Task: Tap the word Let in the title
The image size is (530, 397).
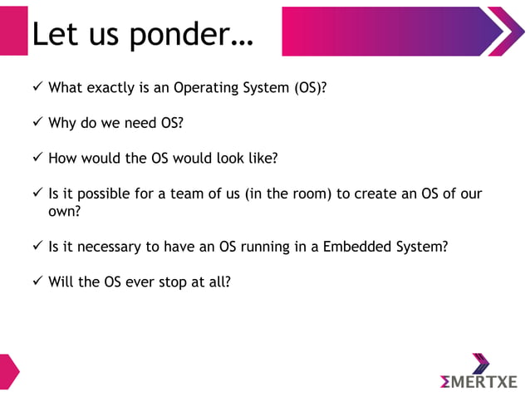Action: [x=56, y=35]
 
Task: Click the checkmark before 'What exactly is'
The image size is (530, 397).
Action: [x=37, y=86]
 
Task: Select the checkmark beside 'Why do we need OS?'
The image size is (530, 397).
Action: [x=37, y=123]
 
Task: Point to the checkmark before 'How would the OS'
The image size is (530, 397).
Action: [x=37, y=158]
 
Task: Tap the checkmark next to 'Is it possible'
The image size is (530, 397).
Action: [x=37, y=194]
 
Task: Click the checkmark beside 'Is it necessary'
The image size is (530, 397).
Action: [x=37, y=246]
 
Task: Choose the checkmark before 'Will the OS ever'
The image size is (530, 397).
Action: [x=37, y=282]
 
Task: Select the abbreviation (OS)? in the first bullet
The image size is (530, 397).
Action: [x=309, y=87]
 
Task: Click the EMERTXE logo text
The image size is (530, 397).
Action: [x=479, y=381]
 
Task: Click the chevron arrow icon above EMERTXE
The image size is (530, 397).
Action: [x=479, y=362]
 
